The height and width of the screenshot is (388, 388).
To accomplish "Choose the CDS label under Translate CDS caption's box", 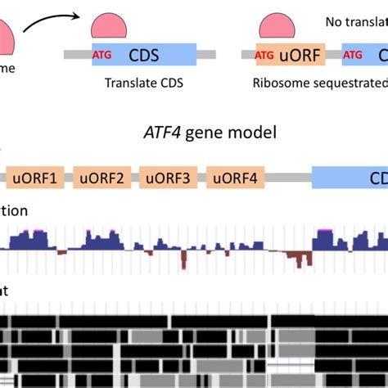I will pos(146,55).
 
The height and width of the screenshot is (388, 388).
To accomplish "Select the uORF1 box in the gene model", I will pos(37,176).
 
